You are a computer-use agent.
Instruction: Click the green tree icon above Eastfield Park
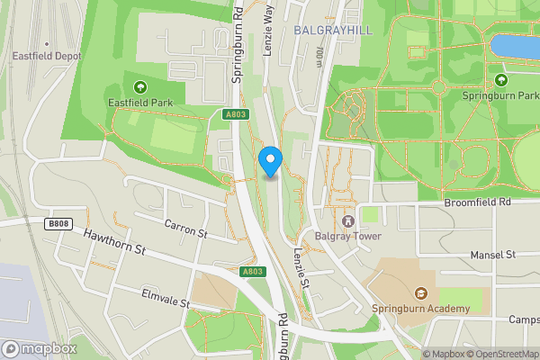pyautogui.click(x=139, y=87)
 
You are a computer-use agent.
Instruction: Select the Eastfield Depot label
pyautogui.click(x=46, y=56)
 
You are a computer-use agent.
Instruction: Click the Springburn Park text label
pyautogui.click(x=499, y=94)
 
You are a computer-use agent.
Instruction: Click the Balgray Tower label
pyautogui.click(x=348, y=236)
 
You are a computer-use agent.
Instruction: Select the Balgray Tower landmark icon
pyautogui.click(x=348, y=220)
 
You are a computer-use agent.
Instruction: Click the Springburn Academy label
pyautogui.click(x=420, y=309)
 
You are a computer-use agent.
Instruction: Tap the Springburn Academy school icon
pyautogui.click(x=420, y=292)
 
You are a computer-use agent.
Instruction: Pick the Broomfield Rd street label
pyautogui.click(x=477, y=202)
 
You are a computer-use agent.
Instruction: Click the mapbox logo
pyautogui.click(x=40, y=348)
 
